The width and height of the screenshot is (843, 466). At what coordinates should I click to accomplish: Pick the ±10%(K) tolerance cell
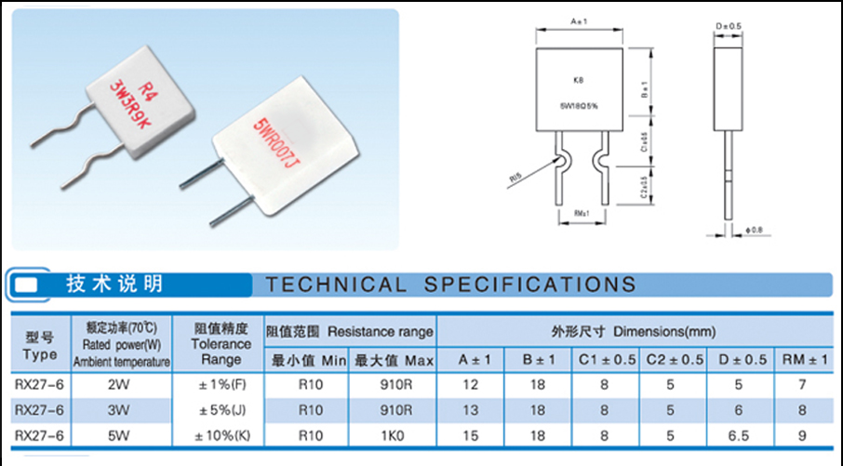coord(221,433)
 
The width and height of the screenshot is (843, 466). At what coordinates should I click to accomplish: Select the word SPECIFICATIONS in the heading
coord(530,285)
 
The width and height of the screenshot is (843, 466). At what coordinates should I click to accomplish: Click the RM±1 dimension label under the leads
coord(582,215)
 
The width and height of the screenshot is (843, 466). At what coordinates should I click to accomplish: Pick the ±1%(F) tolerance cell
coord(221,384)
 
